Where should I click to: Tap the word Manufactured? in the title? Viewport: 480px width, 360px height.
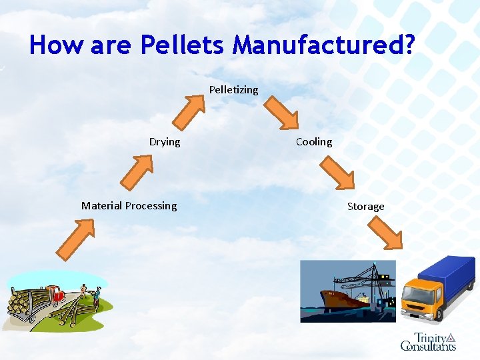[x=323, y=45]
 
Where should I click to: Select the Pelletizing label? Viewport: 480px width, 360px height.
[x=233, y=89]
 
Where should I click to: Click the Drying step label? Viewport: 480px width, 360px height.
[x=165, y=142]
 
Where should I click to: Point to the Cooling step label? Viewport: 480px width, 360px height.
[x=314, y=142]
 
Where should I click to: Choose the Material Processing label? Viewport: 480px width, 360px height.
[x=129, y=206]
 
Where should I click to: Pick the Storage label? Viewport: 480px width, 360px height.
[x=366, y=207]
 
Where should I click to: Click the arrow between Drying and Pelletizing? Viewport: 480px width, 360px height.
[x=188, y=111]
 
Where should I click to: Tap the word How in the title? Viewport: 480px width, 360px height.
[x=57, y=45]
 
